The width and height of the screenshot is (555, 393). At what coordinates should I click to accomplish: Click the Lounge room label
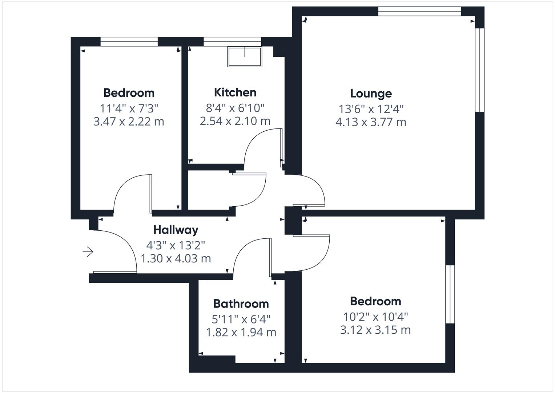(371, 94)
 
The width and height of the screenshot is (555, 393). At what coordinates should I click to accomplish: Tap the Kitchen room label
(235, 92)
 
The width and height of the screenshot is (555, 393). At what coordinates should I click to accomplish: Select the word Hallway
(176, 230)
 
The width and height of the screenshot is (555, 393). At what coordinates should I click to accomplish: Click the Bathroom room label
(241, 303)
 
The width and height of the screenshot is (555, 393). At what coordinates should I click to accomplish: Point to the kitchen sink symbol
(245, 57)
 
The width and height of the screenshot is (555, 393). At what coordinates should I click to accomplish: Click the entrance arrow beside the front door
(88, 252)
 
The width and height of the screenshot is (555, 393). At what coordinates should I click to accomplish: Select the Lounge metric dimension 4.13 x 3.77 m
(371, 122)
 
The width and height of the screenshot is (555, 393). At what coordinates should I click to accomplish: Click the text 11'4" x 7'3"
(129, 108)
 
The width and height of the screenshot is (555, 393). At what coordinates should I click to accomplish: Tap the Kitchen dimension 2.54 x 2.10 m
(235, 121)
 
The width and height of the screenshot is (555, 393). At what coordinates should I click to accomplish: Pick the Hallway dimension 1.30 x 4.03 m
(176, 258)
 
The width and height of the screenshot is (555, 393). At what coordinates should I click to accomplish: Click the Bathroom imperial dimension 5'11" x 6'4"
(241, 319)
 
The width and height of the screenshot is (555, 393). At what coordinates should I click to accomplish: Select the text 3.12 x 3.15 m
(375, 330)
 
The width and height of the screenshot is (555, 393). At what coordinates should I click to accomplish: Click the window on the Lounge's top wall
(419, 11)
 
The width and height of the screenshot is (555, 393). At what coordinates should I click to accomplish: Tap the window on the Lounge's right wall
(480, 70)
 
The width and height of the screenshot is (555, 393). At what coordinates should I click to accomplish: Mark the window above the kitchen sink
(232, 41)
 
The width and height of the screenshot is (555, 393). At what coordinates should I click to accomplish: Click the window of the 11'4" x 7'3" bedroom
(129, 41)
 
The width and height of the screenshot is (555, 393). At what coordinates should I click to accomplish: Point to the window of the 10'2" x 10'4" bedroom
(450, 294)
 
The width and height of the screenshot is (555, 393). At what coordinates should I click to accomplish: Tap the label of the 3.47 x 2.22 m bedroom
(129, 93)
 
